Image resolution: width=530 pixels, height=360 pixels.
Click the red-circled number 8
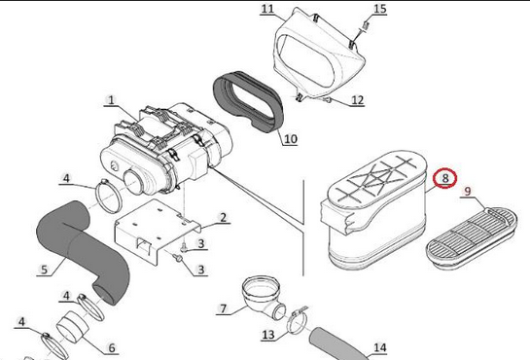coord(445,178)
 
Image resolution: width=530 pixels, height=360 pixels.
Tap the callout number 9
coord(467,192)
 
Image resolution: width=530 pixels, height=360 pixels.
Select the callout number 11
coord(267,9)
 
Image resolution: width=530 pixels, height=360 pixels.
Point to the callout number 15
coord(380,9)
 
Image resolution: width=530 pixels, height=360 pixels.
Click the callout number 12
coord(357,100)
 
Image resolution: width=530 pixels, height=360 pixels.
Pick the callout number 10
coord(291,139)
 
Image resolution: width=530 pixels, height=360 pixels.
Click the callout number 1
coord(111,100)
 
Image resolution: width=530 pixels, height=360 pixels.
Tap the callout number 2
coord(223,217)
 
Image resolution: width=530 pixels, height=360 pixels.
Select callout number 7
coord(223,308)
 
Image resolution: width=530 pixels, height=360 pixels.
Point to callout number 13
coord(268,335)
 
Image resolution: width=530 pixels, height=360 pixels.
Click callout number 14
coord(380,347)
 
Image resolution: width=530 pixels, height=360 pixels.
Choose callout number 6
coord(112,347)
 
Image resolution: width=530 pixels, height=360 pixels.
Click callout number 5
coord(45,270)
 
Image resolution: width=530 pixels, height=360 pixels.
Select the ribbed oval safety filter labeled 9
coord(472,237)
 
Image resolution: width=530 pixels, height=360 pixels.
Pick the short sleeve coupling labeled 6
coord(72,326)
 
